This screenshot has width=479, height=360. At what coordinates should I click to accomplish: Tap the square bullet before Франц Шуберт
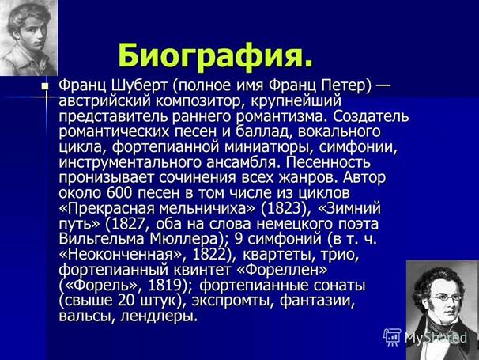[x=45, y=86]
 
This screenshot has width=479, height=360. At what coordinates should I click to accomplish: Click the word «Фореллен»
[x=287, y=270]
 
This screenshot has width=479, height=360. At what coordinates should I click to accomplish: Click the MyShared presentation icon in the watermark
[x=392, y=337]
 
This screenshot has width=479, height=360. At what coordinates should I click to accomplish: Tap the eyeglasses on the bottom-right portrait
[x=447, y=297]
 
